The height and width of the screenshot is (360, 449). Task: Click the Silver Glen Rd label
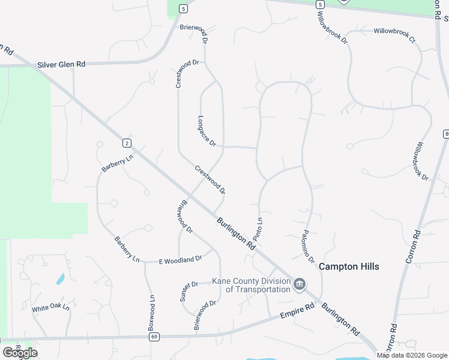pos(61,64)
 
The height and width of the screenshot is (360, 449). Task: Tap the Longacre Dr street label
pos(206,129)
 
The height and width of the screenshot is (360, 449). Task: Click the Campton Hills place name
pos(349,266)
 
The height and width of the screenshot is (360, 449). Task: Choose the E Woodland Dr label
pos(181,260)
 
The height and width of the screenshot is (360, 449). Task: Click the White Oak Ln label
pos(51,308)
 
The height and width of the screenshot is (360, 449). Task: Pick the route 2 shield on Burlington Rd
pos(126,143)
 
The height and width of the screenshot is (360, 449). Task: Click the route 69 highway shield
pos(155,337)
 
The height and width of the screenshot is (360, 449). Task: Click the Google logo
pos(20,353)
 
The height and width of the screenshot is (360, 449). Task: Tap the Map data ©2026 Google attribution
pos(412,355)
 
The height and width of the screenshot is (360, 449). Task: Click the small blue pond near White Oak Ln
pos(60,279)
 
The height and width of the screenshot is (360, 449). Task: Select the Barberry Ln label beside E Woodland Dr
pos(127,249)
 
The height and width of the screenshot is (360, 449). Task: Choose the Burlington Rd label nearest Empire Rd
pos(340,319)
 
